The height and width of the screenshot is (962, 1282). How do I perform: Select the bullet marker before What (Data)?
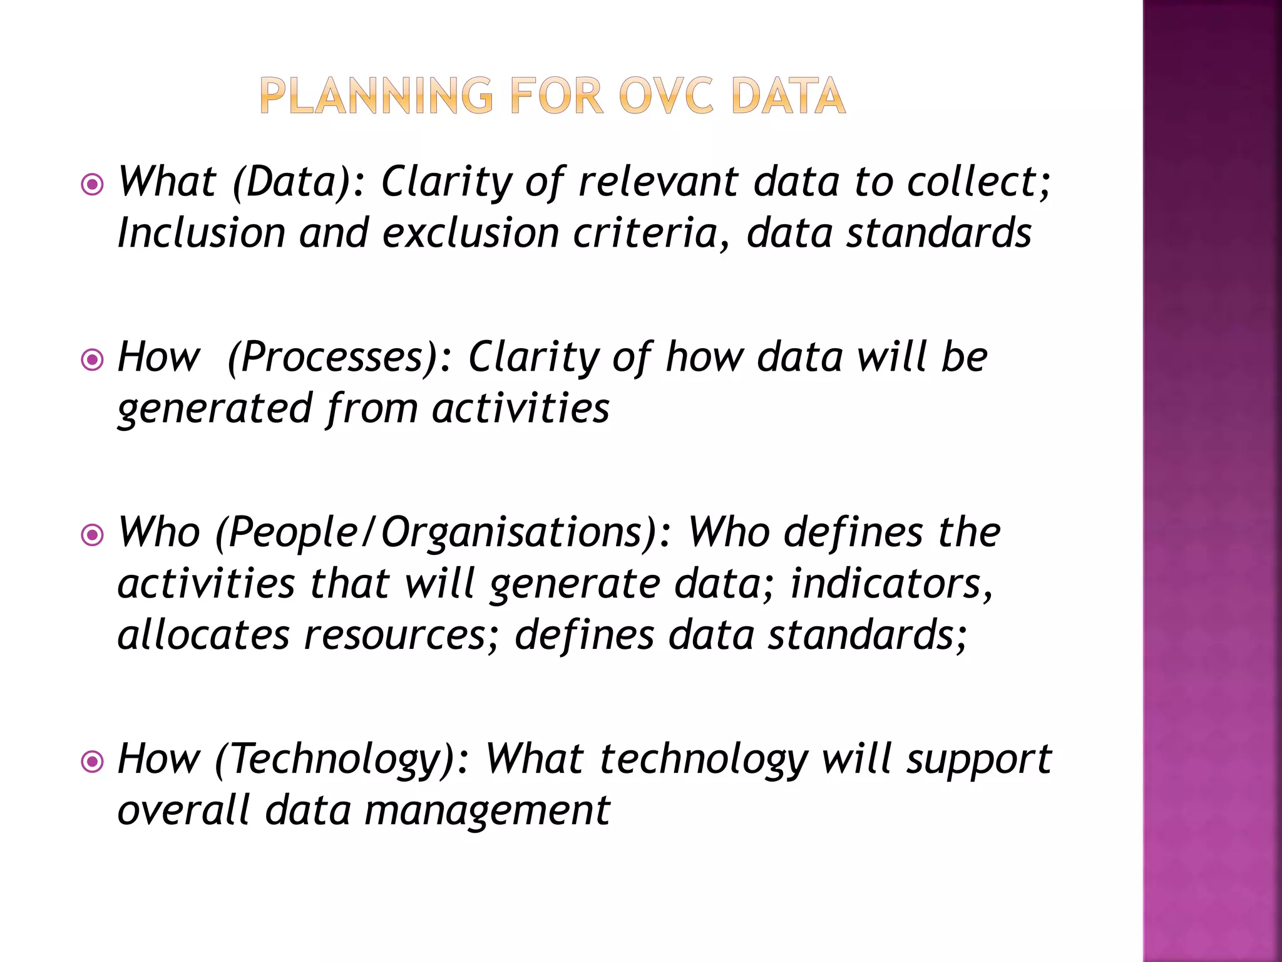click(93, 185)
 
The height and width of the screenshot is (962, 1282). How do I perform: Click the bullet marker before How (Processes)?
click(93, 359)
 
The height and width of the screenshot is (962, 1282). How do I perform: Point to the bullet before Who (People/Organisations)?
click(93, 535)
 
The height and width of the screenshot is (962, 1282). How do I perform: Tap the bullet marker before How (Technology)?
click(93, 762)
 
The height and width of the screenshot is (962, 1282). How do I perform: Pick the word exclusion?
click(470, 233)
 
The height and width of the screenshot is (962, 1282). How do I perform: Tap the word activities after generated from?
click(520, 408)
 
